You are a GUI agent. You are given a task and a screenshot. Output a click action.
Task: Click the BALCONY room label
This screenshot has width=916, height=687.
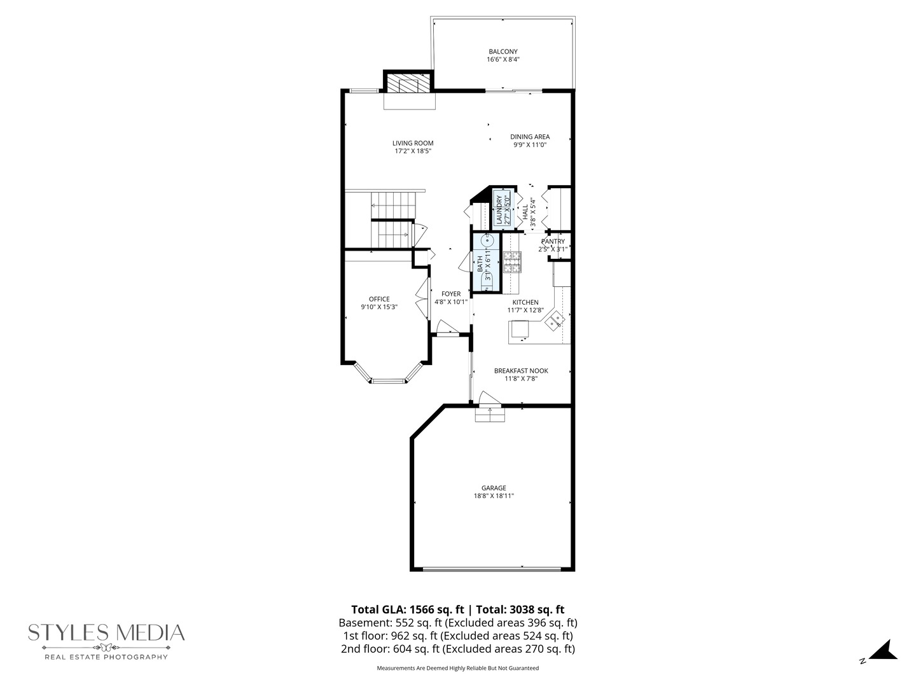[x=503, y=52]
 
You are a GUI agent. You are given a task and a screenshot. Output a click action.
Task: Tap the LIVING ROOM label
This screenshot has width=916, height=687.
[x=413, y=143]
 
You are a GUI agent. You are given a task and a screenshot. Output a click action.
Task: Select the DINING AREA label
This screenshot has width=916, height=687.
[x=529, y=137]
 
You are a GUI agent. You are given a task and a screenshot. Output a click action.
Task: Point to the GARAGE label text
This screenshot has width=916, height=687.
[x=494, y=488]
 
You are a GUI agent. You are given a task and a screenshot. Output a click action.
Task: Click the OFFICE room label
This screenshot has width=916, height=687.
[x=379, y=299]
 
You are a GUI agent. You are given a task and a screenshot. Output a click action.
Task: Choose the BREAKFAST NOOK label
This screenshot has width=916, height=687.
[x=521, y=371]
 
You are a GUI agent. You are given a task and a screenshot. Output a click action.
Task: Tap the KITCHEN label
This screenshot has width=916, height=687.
[x=525, y=302]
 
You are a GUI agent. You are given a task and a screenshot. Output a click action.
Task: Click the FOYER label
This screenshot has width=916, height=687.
[x=451, y=294]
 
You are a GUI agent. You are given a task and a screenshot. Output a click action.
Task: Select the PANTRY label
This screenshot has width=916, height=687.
[x=553, y=242]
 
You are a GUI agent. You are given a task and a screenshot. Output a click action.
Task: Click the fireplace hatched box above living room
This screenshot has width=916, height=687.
[x=408, y=84]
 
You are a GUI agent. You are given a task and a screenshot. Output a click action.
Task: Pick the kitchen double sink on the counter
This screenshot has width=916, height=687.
[x=555, y=320]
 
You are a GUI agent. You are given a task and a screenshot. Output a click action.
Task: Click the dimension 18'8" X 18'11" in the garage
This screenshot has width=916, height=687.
[x=494, y=496]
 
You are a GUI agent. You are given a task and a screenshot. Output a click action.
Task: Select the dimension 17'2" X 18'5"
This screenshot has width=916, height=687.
[x=413, y=151]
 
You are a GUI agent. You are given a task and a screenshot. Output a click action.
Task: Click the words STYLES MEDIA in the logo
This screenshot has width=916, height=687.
[x=106, y=633]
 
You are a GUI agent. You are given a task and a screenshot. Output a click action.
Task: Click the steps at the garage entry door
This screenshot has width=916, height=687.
[x=490, y=414]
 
